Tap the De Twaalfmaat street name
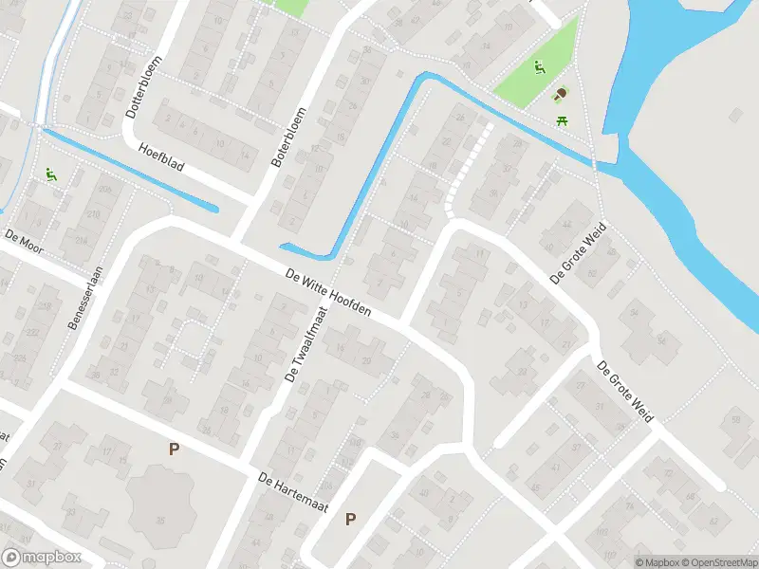coord(305,343)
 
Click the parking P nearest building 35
coord(174,450)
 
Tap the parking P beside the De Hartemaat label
coord(351,519)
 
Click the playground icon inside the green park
coord(540,67)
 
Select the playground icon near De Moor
coord(49,175)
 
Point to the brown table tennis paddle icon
coord(561,95)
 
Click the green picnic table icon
coord(562,119)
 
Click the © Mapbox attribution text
coord(656,561)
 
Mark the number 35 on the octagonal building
coord(161,521)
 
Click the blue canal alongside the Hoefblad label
coord(133,170)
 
